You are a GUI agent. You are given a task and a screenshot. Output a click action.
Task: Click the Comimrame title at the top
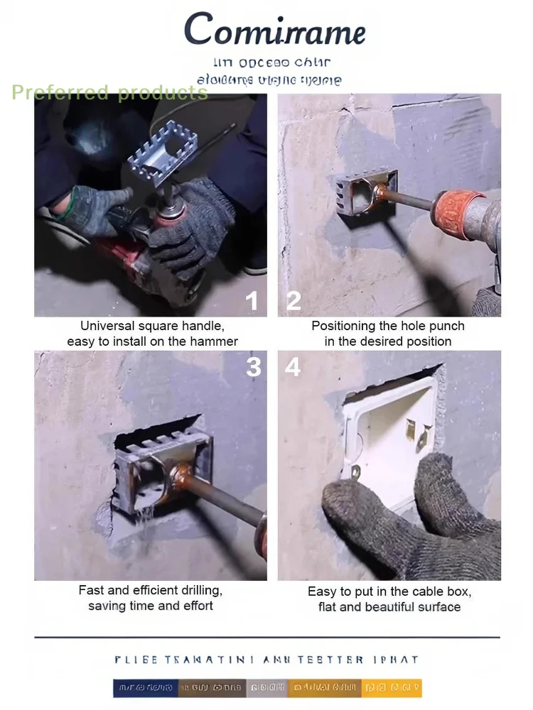pyautogui.click(x=274, y=31)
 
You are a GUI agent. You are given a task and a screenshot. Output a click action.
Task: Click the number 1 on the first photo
pyautogui.click(x=252, y=301)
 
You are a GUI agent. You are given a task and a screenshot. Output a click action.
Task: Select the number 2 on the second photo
pyautogui.click(x=294, y=301)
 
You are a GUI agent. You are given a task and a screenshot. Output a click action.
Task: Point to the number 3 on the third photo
pyautogui.click(x=254, y=366)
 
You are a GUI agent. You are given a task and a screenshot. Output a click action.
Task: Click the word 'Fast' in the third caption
pyautogui.click(x=90, y=591)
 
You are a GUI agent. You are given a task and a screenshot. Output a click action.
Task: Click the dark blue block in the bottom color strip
pyautogui.click(x=145, y=687)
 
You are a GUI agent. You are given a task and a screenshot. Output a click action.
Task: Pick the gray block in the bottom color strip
pyautogui.click(x=267, y=687)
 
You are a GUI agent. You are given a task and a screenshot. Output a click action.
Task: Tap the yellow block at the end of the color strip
pyautogui.click(x=392, y=687)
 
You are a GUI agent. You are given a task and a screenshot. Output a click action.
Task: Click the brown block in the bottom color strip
pyautogui.click(x=212, y=687)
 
